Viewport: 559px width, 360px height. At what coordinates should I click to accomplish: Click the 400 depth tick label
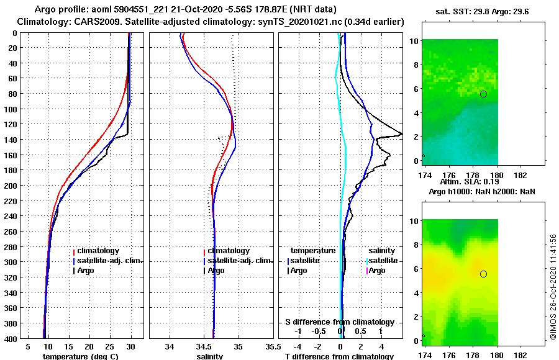click(x=11, y=338)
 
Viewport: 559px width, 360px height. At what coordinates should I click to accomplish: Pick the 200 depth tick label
click(x=11, y=186)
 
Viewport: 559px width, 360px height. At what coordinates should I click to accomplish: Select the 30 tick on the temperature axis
click(x=130, y=346)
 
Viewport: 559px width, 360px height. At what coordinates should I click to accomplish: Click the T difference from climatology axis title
click(x=339, y=356)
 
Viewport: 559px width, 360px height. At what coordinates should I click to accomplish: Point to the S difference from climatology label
click(x=339, y=322)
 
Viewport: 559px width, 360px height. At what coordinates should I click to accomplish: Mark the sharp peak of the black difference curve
click(x=401, y=133)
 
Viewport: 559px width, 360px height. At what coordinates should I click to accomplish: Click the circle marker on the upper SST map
click(x=483, y=94)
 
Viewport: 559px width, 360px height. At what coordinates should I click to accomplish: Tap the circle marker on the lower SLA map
click(x=483, y=274)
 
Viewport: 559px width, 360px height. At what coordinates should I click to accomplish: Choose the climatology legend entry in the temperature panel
click(x=96, y=251)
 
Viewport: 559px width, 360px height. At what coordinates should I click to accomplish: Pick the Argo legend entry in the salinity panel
click(x=216, y=271)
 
